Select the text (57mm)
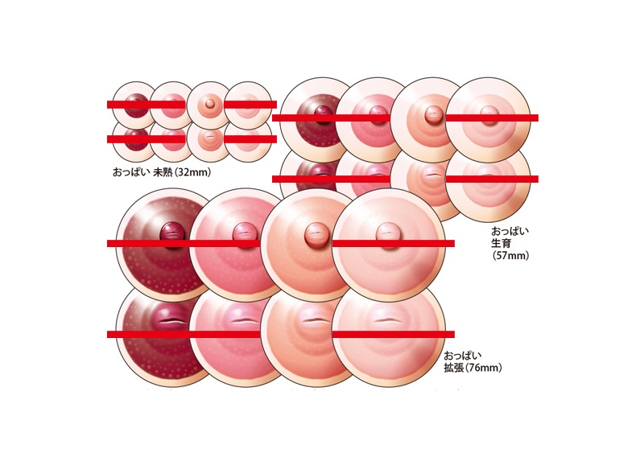510,256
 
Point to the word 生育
502,243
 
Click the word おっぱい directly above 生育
510,230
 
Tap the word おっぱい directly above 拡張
462,355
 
